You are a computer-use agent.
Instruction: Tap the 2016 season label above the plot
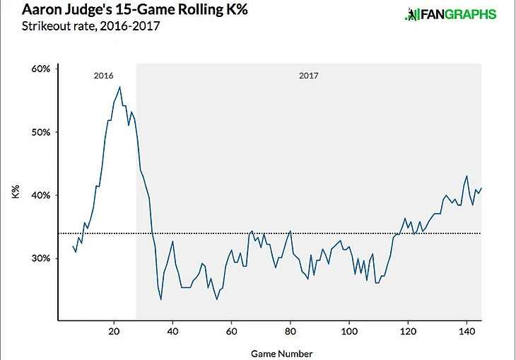click(103, 74)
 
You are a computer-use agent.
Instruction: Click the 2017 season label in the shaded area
click(308, 74)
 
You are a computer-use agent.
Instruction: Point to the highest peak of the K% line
click(120, 87)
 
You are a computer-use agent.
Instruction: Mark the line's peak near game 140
click(467, 176)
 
